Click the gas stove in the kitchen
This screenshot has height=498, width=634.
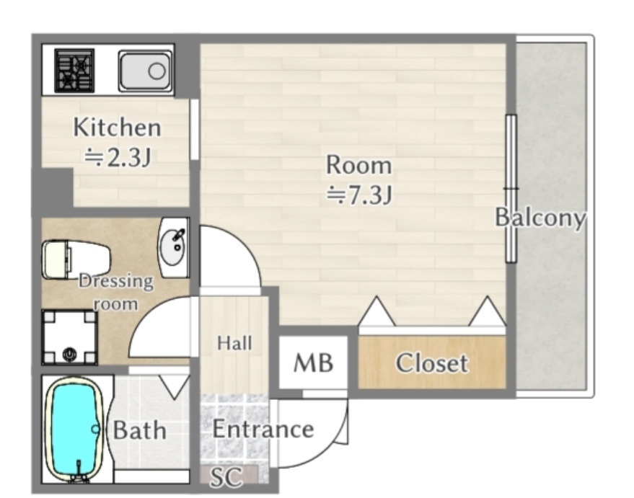click(74, 71)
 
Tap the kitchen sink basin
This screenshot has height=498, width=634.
click(145, 71)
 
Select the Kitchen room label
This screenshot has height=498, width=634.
click(118, 128)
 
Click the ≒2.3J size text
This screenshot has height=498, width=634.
click(118, 158)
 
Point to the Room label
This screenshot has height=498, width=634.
click(359, 165)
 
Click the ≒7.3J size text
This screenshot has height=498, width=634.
click(359, 195)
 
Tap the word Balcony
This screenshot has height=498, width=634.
click(541, 218)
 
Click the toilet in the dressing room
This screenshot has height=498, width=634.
click(76, 259)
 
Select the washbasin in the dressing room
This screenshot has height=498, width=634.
click(175, 247)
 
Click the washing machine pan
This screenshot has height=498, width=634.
click(70, 337)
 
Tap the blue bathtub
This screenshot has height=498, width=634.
click(75, 430)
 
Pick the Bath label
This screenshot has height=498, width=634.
click(139, 430)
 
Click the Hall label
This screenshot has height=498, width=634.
click(234, 343)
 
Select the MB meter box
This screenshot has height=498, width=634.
click(313, 363)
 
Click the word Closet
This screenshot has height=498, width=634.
click(432, 363)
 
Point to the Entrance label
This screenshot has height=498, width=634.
click(263, 429)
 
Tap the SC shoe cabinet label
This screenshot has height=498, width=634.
click(226, 476)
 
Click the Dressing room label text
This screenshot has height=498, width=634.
click(116, 292)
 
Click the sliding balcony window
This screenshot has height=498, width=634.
click(511, 189)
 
